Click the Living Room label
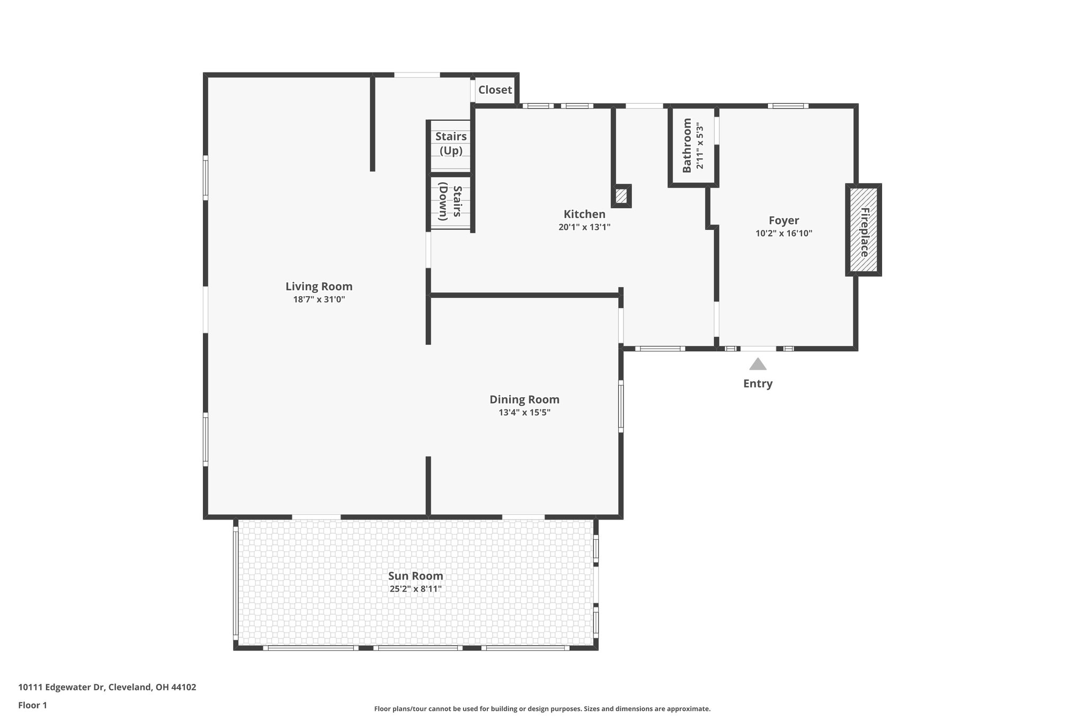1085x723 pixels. click(x=318, y=287)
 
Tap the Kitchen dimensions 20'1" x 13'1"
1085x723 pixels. click(x=584, y=227)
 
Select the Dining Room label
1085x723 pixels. click(x=524, y=400)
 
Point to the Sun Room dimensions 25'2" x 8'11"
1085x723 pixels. click(x=415, y=589)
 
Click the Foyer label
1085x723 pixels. click(x=784, y=220)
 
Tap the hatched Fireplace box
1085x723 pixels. click(x=863, y=230)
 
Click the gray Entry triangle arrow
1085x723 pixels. click(x=758, y=364)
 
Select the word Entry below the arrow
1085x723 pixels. click(x=758, y=383)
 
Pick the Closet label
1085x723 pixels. click(x=495, y=90)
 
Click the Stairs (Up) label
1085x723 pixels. click(x=451, y=144)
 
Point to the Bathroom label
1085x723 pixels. click(x=687, y=146)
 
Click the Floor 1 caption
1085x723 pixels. click(x=32, y=705)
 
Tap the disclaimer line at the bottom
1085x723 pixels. click(x=542, y=709)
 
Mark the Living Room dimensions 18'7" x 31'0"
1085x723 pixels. click(x=319, y=299)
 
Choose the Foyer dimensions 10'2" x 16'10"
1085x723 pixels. click(x=784, y=234)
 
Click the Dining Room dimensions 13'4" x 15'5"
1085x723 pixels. click(x=524, y=413)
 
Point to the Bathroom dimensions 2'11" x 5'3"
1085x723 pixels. click(x=700, y=146)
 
